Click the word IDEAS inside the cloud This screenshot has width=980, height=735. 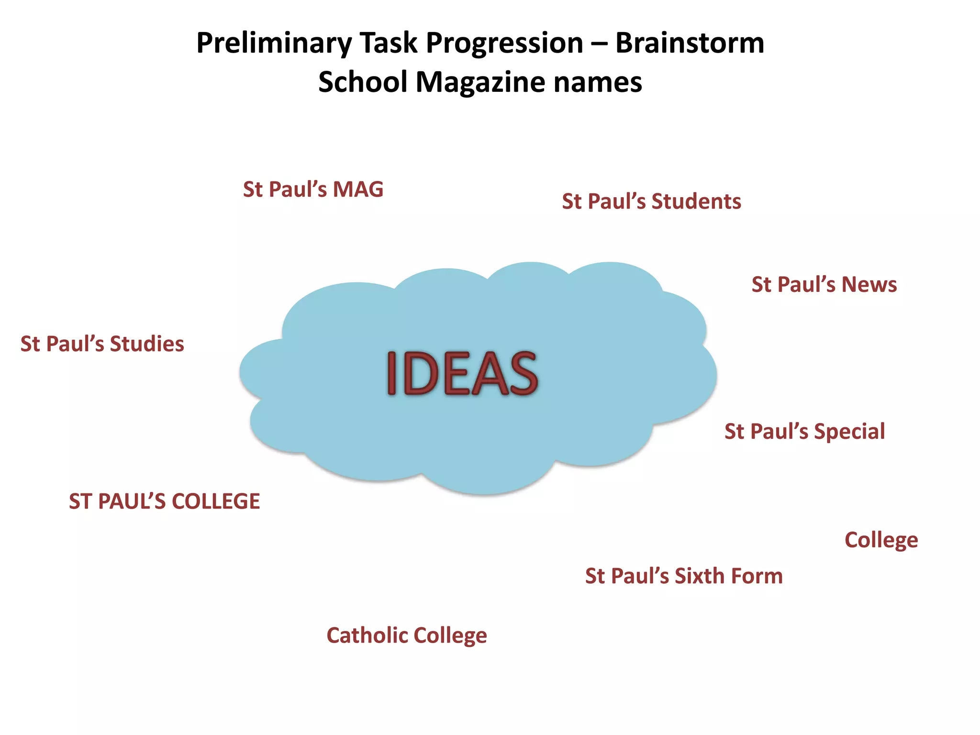point(462,373)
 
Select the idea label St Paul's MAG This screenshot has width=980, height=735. point(313,189)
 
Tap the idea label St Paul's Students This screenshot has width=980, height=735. point(651,201)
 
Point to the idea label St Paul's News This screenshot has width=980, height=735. point(824,285)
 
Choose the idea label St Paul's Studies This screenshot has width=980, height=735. point(102,344)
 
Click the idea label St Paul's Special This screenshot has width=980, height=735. point(804,432)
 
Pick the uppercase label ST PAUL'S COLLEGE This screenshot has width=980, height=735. point(164,501)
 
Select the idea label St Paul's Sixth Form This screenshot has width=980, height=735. point(684,576)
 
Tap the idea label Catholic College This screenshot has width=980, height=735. point(407,635)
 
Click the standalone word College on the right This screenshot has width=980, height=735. point(881,540)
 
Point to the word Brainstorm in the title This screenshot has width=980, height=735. point(690,43)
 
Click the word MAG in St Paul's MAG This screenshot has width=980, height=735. point(358,189)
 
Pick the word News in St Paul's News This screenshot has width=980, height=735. point(869,285)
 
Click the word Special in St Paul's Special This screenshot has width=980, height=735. point(849,432)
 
